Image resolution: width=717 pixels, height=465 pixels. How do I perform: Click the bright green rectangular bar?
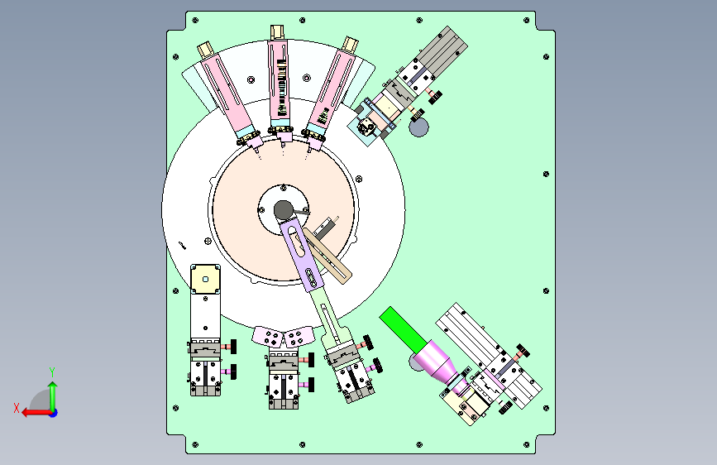404,329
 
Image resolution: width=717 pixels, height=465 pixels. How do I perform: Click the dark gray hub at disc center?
283,210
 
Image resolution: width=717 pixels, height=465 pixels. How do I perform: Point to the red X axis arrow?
36,413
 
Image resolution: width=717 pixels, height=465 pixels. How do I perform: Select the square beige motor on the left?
205,279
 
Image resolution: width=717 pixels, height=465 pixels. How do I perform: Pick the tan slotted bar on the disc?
327,256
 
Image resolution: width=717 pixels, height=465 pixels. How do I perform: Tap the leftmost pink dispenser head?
228,96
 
